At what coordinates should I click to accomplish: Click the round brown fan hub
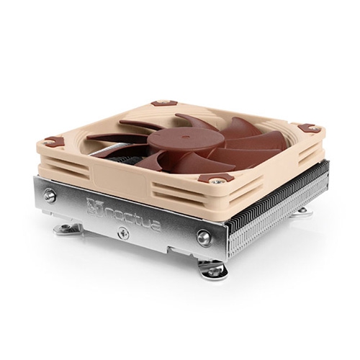point(184,140)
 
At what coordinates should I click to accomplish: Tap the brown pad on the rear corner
point(164,103)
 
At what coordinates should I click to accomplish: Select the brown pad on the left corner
point(54,140)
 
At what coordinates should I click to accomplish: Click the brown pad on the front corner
point(216,178)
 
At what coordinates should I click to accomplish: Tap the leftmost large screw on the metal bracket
point(50,196)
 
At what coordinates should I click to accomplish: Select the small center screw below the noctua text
point(123,233)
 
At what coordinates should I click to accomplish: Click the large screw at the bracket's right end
point(204,238)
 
